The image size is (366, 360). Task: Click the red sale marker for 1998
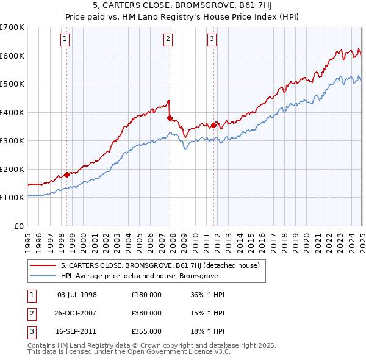coord(66,175)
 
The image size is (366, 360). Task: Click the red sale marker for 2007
coord(170,118)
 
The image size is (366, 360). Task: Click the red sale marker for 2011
coord(214,125)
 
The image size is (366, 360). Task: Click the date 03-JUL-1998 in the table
coord(77,295)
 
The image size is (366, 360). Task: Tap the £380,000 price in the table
coord(146,313)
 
